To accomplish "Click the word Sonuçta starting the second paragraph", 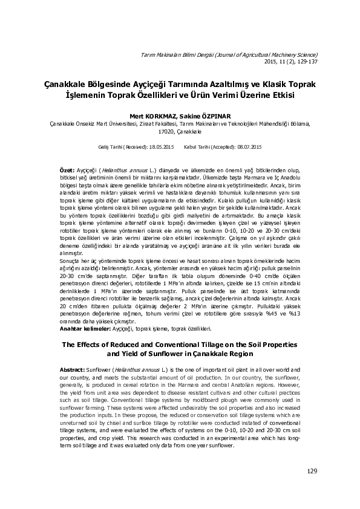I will pos(69,259).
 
